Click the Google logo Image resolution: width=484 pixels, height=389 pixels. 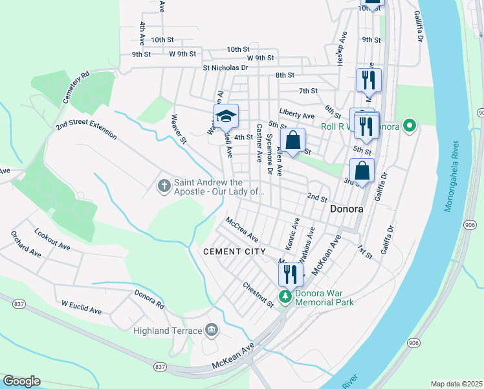[x=21, y=381]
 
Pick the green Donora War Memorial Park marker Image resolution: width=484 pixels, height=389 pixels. [x=285, y=297]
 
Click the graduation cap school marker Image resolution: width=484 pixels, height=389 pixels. [x=226, y=117]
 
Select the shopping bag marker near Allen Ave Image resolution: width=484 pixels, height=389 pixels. [x=292, y=140]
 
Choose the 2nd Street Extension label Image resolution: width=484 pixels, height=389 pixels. [x=86, y=124]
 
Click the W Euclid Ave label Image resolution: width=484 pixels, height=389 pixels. [x=82, y=307]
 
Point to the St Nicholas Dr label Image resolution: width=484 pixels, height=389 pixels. [x=225, y=67]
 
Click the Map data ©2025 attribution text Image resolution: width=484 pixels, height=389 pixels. [x=456, y=384]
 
